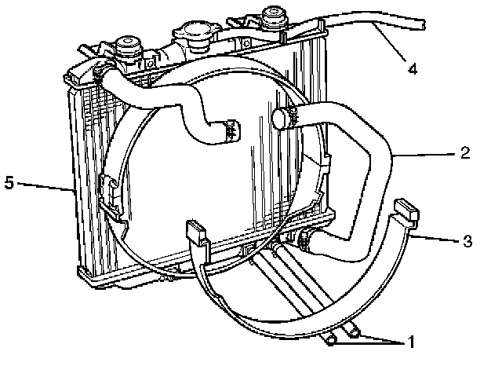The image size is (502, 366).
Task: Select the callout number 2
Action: click(x=465, y=152)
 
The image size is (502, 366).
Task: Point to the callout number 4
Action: click(x=413, y=68)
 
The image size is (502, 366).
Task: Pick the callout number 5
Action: click(x=9, y=184)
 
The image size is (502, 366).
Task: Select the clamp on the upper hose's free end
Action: click(x=230, y=130)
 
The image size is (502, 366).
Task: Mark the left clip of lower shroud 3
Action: click(x=196, y=232)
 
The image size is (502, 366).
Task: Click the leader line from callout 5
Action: click(x=43, y=186)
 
